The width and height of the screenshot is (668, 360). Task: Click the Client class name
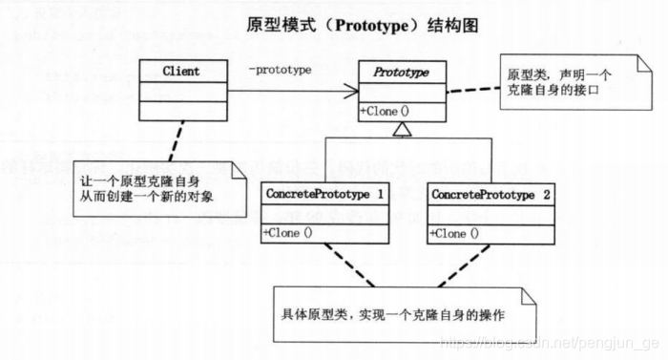tap(182, 71)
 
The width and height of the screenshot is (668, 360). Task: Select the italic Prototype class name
tap(401, 72)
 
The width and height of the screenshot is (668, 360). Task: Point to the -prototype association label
tap(280, 69)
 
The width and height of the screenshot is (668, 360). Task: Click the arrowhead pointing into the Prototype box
tap(352, 92)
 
